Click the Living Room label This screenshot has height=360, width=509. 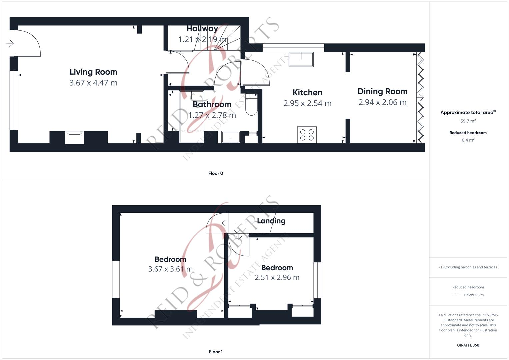pos(93,72)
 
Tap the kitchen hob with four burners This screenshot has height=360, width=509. pos(307,135)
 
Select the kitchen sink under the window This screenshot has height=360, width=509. pos(301,59)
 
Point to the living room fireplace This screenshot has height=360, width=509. pos(74,137)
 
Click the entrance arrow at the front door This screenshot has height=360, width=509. pos(10,43)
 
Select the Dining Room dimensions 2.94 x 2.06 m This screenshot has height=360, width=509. pos(382,102)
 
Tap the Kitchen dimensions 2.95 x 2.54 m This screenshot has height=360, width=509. pos(307,103)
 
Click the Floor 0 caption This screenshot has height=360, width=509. pos(216,173)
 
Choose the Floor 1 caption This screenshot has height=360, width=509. pos(216,352)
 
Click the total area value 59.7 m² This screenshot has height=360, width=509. pos(468,121)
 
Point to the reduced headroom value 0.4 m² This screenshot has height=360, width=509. pos(468,140)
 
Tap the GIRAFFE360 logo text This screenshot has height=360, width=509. pos(468,345)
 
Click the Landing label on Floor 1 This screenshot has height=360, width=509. pos(271,221)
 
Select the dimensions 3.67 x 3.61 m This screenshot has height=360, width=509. pos(170,269)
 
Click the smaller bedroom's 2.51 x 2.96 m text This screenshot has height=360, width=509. pos(277,277)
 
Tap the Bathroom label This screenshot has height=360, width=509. pos(212,104)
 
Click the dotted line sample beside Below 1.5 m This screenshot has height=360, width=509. pos(457,295)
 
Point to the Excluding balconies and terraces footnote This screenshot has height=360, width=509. pos(468,267)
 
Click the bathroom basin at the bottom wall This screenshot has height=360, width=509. pos(231,137)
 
